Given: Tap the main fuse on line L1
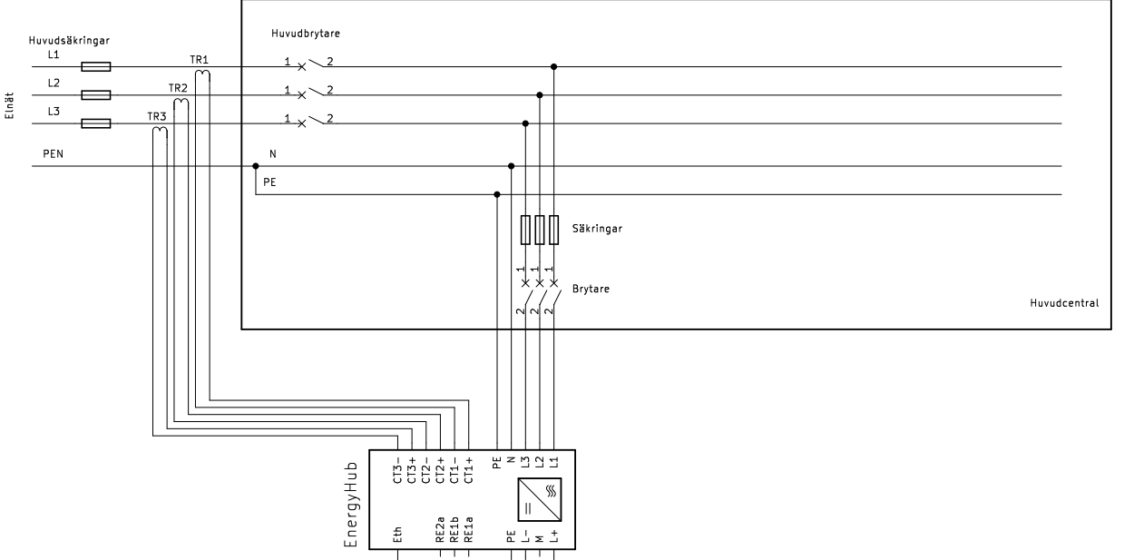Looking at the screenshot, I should coord(96,66).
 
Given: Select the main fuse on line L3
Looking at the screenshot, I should coord(96,123).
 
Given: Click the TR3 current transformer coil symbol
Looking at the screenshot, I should coord(161,133).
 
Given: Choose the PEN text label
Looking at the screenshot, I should coord(53,154).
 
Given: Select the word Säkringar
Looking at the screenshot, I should coord(595,229).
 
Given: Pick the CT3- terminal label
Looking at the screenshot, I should coord(397,470).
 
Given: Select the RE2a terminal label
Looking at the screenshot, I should coord(440,530).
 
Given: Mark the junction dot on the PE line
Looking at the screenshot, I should coord(497,194).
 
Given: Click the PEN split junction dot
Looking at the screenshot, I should coord(256,166).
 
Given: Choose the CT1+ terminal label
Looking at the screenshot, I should coord(469,470).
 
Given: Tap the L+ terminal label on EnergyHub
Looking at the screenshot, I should coord(554,535).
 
